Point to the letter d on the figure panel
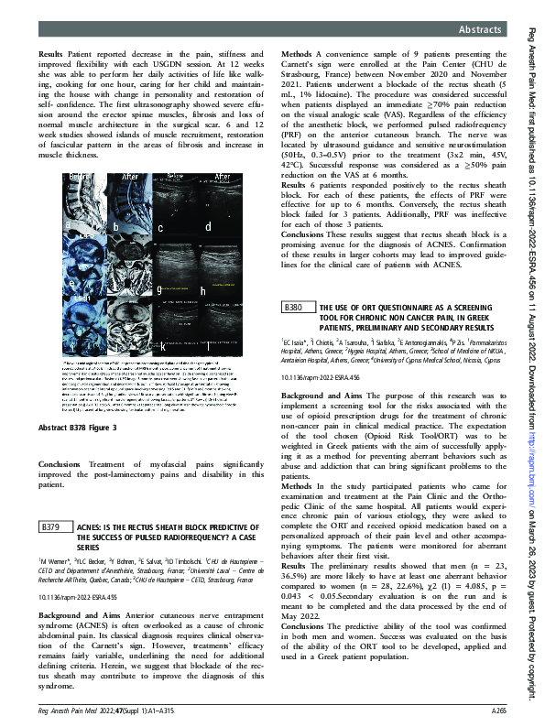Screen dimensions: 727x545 coord(208,225)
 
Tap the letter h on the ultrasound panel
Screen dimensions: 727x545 coord(202,291)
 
